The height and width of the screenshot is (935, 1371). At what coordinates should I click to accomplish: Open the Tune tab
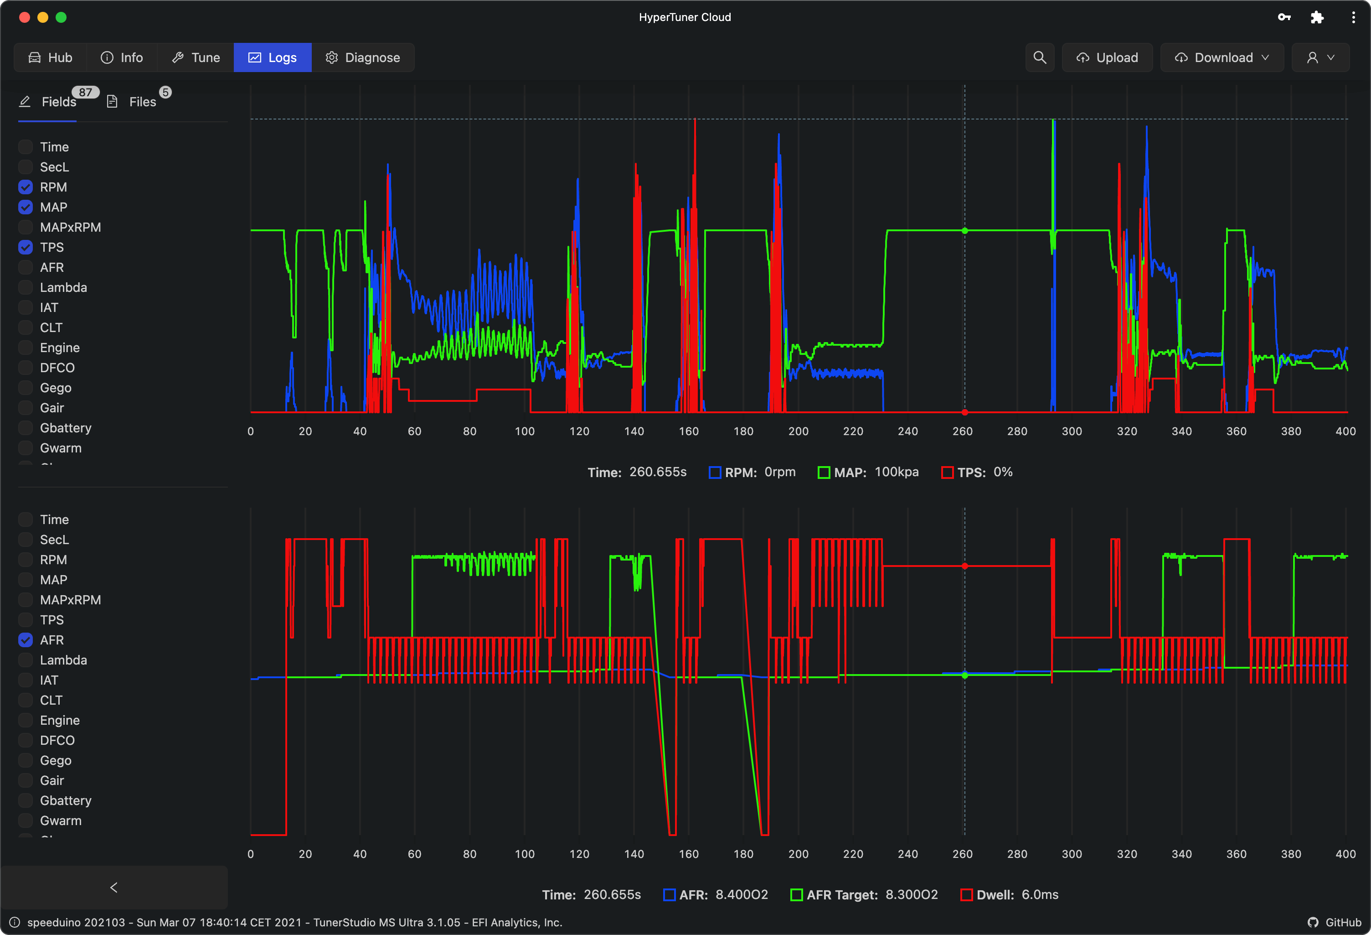point(196,57)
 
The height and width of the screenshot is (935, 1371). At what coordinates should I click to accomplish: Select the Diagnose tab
point(363,57)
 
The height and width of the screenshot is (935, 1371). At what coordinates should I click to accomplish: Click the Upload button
point(1107,57)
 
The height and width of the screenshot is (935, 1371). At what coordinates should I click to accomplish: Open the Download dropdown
point(1222,57)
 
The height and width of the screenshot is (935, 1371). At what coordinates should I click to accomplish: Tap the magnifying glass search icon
point(1040,57)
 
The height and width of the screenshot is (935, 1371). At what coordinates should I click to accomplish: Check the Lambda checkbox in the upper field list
point(26,287)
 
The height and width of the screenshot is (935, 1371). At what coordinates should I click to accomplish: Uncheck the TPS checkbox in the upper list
point(26,247)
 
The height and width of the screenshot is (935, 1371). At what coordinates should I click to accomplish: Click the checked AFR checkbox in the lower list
point(26,640)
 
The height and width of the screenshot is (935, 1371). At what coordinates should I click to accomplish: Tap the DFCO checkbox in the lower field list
point(26,740)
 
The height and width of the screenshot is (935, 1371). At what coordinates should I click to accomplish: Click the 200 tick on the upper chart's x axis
point(798,431)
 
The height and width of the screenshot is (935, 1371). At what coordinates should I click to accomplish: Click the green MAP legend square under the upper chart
point(824,472)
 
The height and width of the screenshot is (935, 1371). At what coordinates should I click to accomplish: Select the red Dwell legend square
point(966,895)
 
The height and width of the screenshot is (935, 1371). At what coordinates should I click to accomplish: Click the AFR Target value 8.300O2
point(912,895)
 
